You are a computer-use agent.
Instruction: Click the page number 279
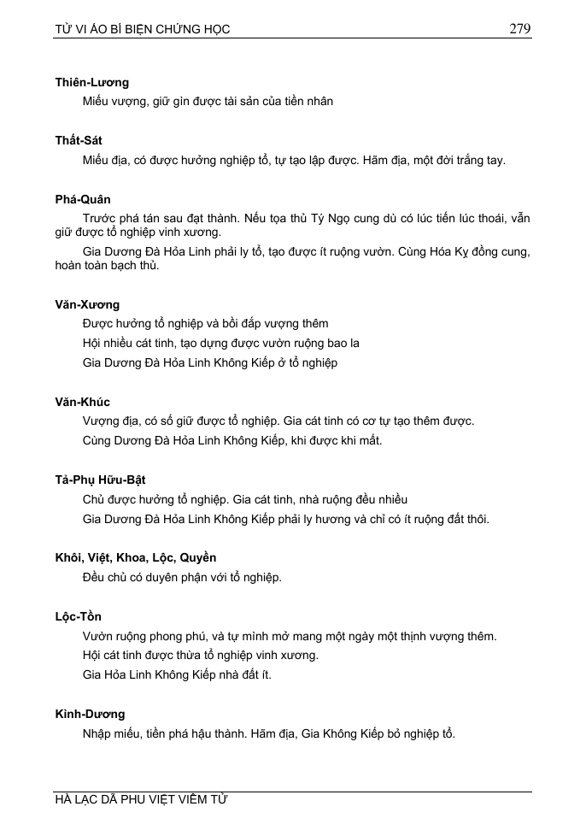point(519,28)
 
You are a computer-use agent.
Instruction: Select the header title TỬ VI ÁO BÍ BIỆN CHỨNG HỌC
point(143,30)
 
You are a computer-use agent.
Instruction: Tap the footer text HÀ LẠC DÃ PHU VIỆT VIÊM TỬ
point(142,800)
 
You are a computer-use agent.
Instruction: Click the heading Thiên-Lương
point(91,82)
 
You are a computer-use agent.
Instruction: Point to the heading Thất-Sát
point(79,140)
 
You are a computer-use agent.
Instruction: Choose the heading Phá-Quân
point(83,199)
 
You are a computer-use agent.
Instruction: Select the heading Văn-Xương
point(87,304)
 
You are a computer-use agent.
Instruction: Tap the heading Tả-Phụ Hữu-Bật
point(100,480)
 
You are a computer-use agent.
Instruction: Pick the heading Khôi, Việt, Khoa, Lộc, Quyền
point(136,558)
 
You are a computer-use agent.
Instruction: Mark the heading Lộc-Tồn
point(79,616)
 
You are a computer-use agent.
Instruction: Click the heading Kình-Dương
point(90,714)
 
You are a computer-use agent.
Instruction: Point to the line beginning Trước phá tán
point(307,218)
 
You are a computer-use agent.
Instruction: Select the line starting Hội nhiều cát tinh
point(221,343)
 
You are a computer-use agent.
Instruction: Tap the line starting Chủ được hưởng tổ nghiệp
point(245,499)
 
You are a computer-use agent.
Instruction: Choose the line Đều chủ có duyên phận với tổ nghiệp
point(182,577)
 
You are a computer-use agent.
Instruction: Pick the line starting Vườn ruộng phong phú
point(290,636)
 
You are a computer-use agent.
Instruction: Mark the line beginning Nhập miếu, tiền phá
point(269,733)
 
